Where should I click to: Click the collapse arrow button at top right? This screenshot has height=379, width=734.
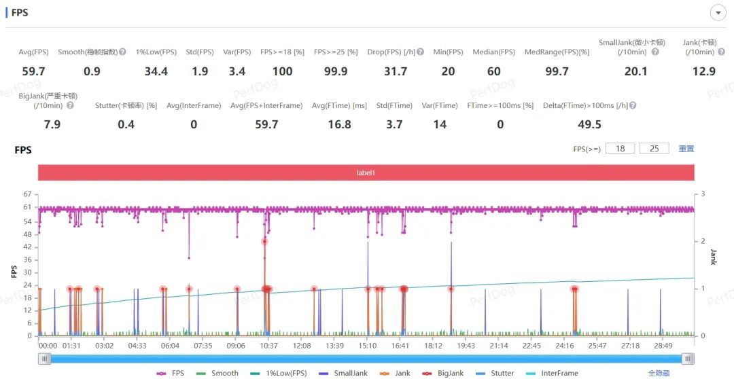click(718, 13)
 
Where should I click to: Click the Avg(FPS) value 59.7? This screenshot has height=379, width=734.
click(33, 71)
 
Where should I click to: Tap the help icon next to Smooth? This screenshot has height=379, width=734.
click(122, 52)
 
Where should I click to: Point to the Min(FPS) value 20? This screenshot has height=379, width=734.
click(448, 71)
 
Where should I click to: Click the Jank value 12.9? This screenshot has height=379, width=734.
click(703, 71)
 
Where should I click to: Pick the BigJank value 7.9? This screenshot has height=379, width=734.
click(52, 124)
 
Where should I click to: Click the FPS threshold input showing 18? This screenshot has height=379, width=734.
click(620, 149)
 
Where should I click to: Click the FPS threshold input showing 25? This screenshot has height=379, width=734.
click(654, 149)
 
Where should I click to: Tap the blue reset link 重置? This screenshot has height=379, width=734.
click(686, 149)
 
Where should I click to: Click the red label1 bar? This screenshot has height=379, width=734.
click(366, 173)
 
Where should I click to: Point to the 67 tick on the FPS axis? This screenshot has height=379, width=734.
click(27, 194)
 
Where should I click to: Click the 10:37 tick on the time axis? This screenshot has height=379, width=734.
click(269, 346)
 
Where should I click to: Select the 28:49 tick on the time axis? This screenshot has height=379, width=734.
click(663, 346)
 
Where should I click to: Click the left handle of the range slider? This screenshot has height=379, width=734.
click(44, 359)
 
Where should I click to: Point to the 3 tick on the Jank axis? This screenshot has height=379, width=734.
click(703, 194)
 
